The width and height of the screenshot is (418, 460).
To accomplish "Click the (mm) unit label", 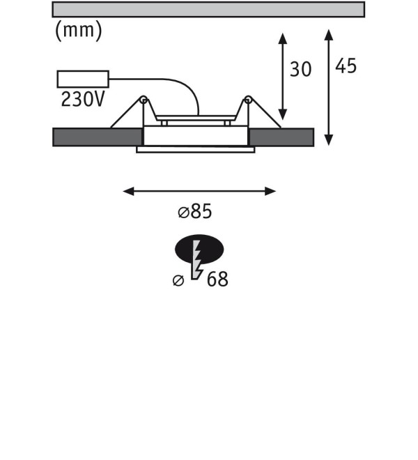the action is tap(79, 31).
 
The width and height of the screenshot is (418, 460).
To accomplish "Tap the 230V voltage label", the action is tap(83, 99).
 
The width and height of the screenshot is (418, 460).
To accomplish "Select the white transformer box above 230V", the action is tap(83, 79).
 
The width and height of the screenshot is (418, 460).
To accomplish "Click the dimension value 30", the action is tap(300, 70).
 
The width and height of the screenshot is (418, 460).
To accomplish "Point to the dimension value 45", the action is tap(346, 66).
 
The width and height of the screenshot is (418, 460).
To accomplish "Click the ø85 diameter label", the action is tap(195, 211).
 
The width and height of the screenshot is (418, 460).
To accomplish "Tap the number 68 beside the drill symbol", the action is tap(217, 279).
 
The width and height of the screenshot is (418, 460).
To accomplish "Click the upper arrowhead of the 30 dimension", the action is tap(282, 38).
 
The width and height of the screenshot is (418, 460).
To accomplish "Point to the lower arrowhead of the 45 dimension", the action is tap(329, 140).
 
